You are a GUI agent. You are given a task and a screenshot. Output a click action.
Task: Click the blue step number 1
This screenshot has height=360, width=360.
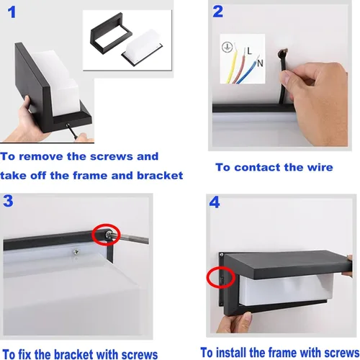(x=12, y=12)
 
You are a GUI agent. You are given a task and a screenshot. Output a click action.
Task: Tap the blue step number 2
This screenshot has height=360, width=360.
(x=217, y=12)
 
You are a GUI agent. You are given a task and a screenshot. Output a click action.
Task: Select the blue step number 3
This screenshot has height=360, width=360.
(x=8, y=201)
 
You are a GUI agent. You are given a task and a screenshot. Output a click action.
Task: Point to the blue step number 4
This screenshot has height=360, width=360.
(x=215, y=202)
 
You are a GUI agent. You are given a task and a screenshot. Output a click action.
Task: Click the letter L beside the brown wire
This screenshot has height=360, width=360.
(x=249, y=50)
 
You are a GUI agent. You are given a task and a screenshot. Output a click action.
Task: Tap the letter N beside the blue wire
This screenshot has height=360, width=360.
(x=260, y=63)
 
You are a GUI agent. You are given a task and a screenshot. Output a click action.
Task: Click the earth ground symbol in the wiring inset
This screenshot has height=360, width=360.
(x=227, y=47)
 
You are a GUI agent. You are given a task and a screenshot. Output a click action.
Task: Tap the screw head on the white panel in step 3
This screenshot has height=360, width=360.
(x=76, y=251)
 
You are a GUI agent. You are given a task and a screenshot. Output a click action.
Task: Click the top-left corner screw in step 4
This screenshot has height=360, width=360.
(x=222, y=254)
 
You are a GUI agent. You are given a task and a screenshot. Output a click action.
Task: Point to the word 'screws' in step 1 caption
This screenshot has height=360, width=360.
(x=110, y=157)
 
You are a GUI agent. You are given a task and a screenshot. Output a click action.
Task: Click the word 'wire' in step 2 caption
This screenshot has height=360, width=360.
(x=320, y=167)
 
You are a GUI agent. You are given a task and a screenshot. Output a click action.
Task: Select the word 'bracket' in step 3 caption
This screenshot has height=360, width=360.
(x=73, y=354)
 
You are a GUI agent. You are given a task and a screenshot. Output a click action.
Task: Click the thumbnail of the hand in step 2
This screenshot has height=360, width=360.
(x=285, y=77)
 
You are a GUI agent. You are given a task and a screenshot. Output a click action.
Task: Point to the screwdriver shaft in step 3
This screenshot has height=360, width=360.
(x=132, y=238)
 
